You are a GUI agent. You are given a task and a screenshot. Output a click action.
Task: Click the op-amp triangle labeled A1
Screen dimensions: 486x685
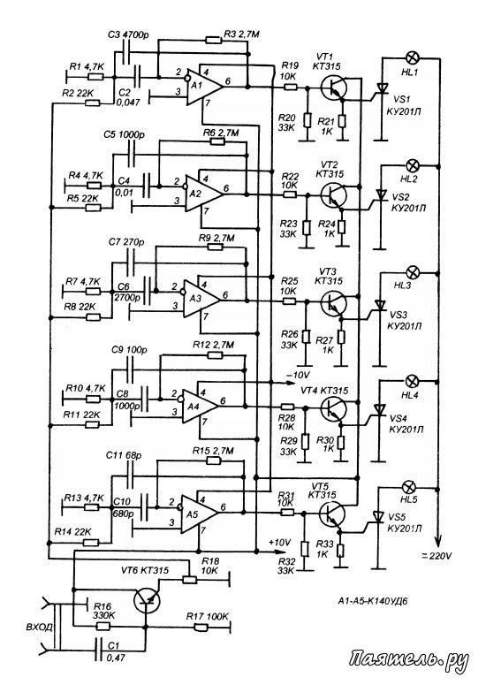tap(203, 87)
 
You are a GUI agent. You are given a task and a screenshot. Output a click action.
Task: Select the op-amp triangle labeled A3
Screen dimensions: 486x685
tap(200, 299)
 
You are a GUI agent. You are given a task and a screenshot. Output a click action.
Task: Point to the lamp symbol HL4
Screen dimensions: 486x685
tap(412, 381)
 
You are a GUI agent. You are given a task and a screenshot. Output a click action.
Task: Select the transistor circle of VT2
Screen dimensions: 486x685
tap(334, 194)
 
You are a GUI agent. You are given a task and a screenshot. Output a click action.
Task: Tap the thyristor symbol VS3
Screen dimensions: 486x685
tap(381, 305)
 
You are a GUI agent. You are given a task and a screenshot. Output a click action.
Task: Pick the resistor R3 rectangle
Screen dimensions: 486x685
tap(214, 40)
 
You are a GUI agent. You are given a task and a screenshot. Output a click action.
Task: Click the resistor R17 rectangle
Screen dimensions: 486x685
tap(201, 628)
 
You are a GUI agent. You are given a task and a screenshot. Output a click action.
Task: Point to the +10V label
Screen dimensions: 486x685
tap(280, 543)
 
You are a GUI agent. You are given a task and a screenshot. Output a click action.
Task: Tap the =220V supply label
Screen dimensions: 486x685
tap(437, 556)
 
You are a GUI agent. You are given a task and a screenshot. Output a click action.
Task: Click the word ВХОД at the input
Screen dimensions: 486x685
tap(39, 628)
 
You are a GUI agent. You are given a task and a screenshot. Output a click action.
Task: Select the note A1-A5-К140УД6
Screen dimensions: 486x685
tap(373, 601)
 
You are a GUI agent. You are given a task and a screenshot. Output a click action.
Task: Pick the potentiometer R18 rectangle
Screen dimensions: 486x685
tap(189, 580)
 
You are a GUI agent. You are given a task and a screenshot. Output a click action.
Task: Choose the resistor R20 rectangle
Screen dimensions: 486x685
tap(307, 119)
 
